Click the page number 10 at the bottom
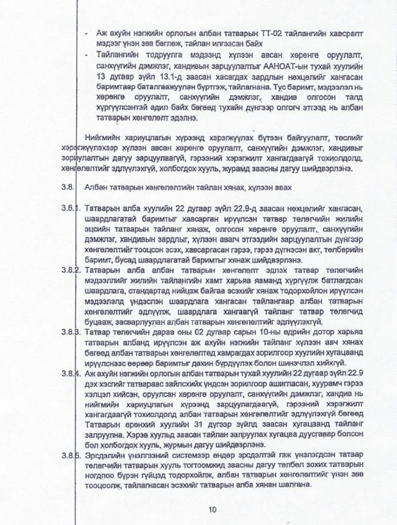click(x=213, y=509)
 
